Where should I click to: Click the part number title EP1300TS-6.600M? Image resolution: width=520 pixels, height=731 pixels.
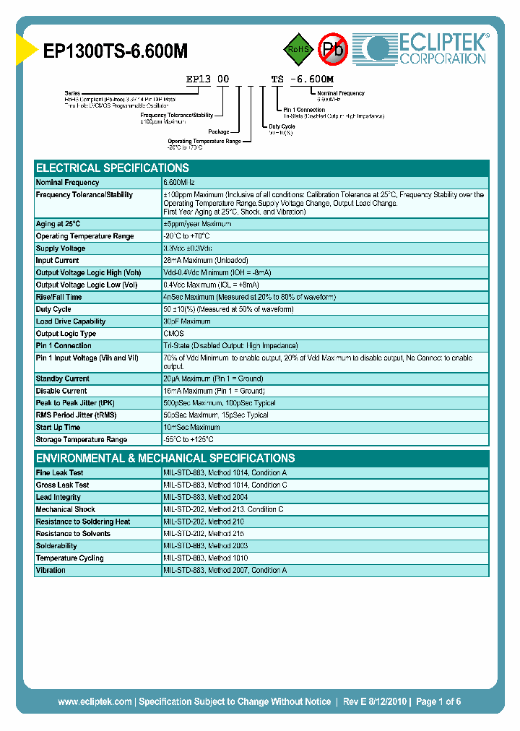coord(115,51)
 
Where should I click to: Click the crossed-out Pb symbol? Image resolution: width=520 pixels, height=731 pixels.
coord(333,50)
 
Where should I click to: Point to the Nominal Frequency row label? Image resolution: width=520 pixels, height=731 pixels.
coord(67,183)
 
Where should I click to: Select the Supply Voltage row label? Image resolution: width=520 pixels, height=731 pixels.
coord(61,248)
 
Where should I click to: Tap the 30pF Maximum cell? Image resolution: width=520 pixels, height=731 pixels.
coord(187,321)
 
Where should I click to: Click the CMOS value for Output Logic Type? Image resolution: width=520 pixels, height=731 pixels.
coord(173,334)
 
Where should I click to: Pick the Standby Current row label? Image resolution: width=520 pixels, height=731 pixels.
coord(63,379)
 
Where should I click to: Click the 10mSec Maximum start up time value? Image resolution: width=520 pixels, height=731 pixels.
coord(191,428)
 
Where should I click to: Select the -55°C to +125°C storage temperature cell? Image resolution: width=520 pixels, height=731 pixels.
coord(188,440)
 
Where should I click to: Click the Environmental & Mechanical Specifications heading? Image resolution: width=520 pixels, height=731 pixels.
coord(165,458)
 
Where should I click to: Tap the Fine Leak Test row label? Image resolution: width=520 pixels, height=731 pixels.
coord(60,472)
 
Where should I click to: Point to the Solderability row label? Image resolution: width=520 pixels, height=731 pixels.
coord(56,546)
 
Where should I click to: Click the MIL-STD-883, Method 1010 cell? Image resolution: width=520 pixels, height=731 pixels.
coord(206,558)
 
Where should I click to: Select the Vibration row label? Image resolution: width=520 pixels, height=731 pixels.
coord(51,571)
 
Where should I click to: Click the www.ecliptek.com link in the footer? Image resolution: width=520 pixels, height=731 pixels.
coord(95,701)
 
